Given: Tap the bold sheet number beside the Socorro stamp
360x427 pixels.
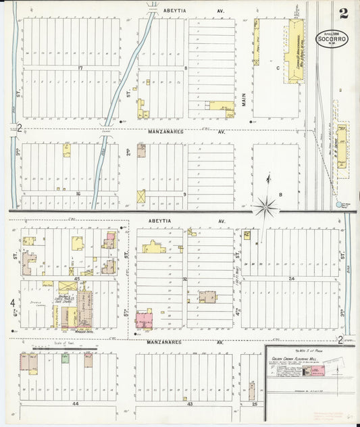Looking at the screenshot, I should [344, 13].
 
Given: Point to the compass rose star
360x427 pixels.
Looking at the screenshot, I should [267, 205].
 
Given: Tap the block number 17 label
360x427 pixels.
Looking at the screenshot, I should [79, 68].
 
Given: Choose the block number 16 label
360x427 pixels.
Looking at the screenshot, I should [78, 194].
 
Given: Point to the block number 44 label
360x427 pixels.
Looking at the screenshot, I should [76, 403].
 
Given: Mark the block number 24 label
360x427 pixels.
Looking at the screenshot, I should [292, 278].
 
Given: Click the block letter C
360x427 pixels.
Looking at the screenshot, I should [277, 68].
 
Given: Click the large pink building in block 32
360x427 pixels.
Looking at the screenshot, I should [145, 319].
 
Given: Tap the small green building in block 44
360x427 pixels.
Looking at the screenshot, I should [66, 358].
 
